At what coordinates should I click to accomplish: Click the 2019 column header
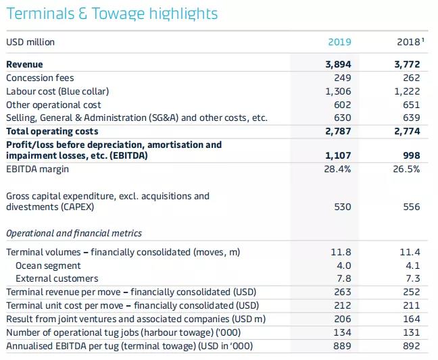click(x=339, y=42)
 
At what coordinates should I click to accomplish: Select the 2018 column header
click(x=408, y=42)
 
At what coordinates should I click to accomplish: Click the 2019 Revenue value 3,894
click(x=338, y=64)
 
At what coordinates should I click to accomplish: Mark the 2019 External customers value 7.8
click(x=343, y=278)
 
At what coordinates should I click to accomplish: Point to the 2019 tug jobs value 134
click(x=342, y=332)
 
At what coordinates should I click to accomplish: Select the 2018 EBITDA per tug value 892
click(x=410, y=346)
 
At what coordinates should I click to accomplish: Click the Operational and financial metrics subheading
click(x=74, y=233)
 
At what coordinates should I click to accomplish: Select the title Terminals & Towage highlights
click(x=112, y=14)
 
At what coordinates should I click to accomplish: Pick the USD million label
click(x=30, y=42)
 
